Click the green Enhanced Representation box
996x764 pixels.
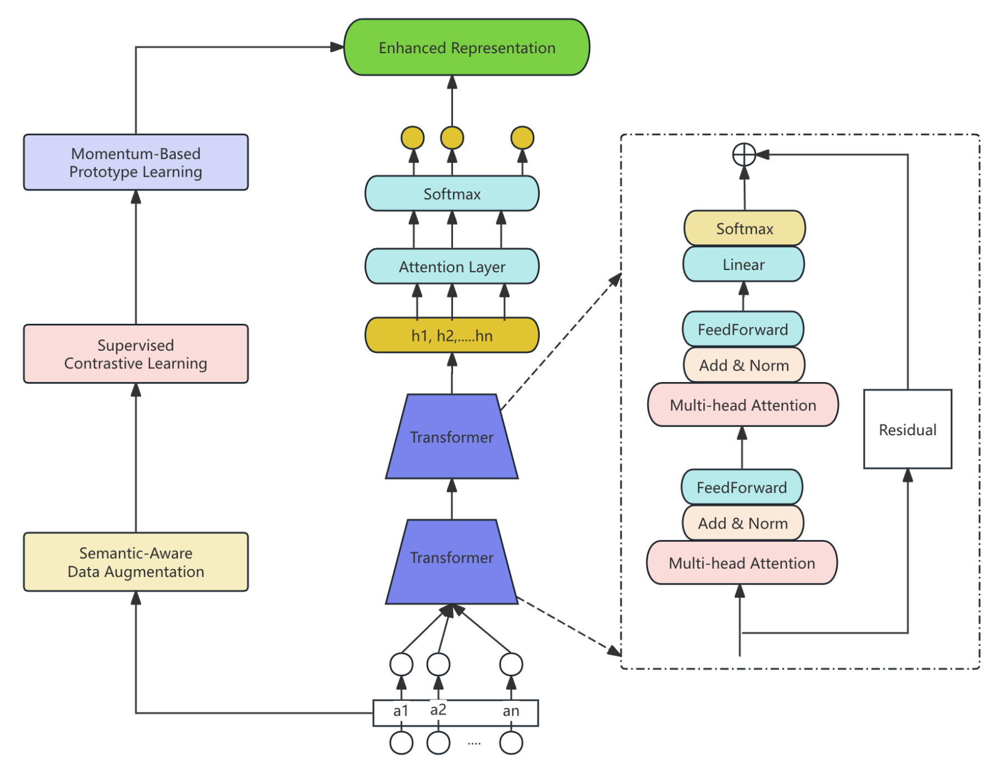point(466,48)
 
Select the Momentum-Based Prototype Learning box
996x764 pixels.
point(136,162)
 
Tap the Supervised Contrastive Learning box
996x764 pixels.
point(136,354)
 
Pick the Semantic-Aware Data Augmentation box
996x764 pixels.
point(136,562)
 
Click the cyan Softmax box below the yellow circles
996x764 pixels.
point(451,194)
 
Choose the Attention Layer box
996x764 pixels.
point(451,267)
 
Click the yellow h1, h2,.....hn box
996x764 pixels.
point(451,335)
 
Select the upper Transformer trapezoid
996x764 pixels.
point(451,437)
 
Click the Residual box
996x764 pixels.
point(907,429)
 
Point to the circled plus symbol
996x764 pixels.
point(744,155)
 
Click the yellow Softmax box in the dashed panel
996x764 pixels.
point(744,228)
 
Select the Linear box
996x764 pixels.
point(743,265)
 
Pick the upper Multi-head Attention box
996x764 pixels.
point(742,405)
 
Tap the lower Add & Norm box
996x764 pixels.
point(742,523)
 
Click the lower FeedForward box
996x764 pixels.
point(741,487)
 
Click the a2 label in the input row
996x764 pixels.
point(438,710)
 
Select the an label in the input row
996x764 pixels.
point(511,711)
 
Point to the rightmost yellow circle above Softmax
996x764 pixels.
point(522,138)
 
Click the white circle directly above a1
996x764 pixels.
point(401,665)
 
